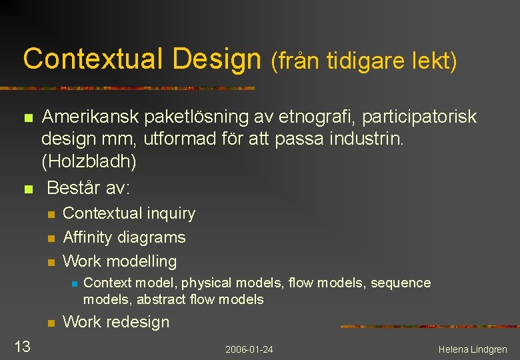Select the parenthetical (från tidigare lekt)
tap(363, 61)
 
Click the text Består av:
tap(89, 188)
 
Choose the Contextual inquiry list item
tap(129, 213)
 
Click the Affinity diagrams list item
tap(124, 237)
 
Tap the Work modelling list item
tap(119, 261)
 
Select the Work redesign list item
tap(116, 322)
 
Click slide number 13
tap(22, 346)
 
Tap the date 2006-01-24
tap(249, 349)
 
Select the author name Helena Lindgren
tap(473, 349)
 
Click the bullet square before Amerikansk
tap(27, 118)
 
